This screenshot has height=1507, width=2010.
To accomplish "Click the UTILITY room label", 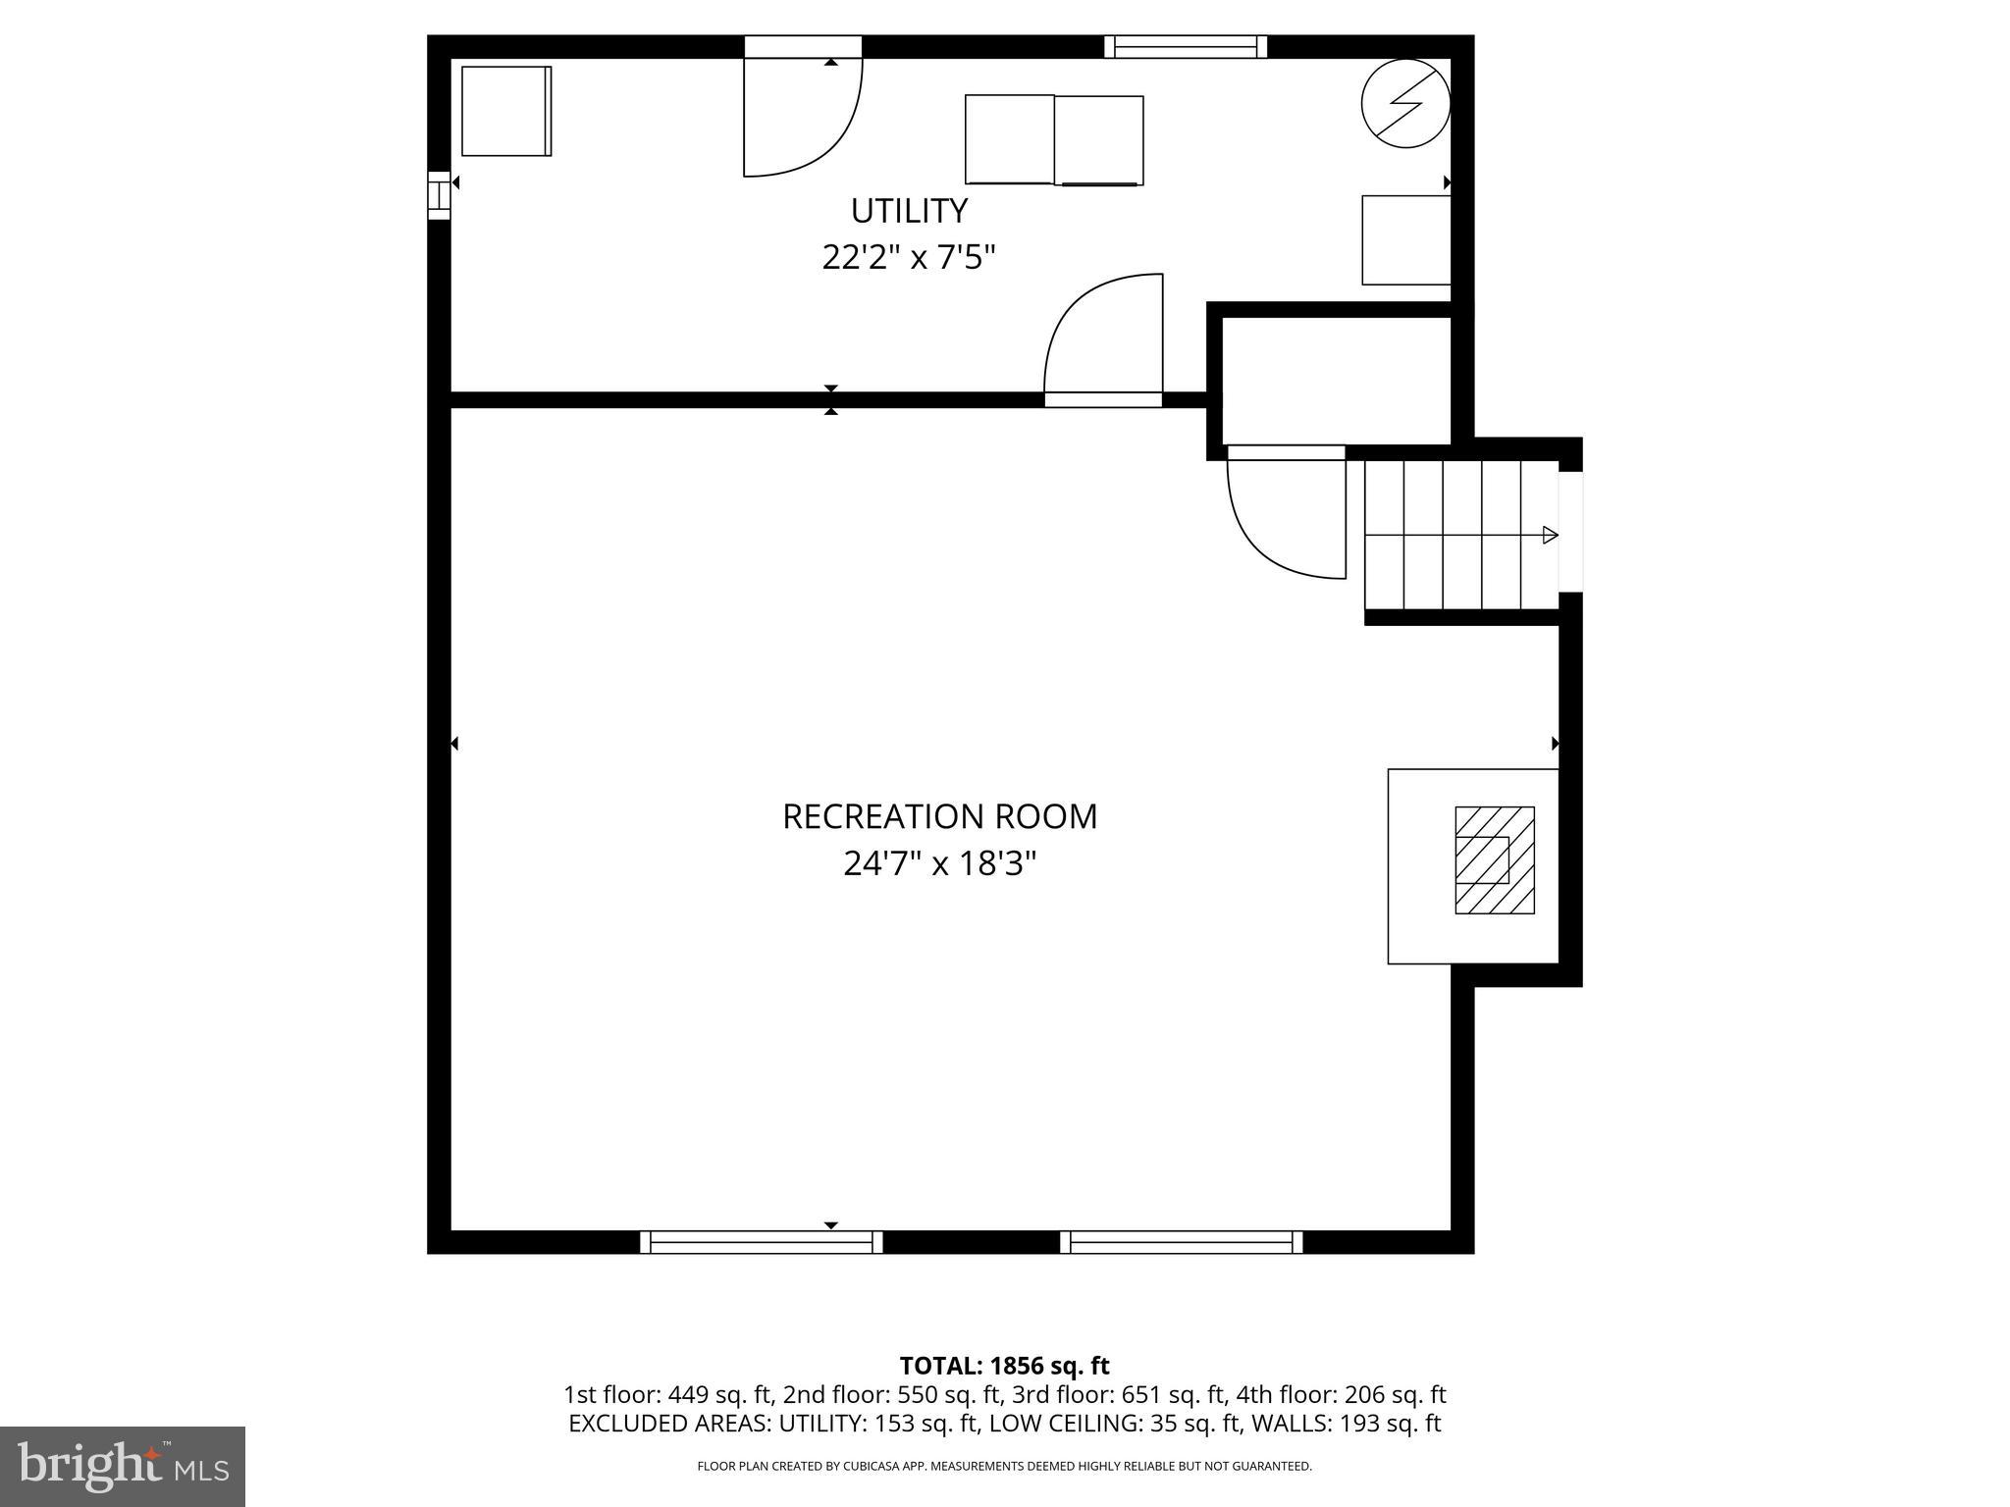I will point(909,211).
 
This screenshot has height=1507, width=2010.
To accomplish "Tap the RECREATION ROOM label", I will point(939,816).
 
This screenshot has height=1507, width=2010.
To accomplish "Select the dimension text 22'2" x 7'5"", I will point(909,258).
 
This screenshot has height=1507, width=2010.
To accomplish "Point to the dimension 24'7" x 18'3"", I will point(939,864).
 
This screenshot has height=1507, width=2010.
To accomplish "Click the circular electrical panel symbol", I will point(1405,103).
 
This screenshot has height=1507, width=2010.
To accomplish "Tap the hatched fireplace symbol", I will point(1494,860).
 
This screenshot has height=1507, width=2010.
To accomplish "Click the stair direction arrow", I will point(1550,535).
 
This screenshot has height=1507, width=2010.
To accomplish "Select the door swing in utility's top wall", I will point(800,118).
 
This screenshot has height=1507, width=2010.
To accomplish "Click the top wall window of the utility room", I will point(1185,46).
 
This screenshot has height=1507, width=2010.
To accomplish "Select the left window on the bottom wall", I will point(761,1242).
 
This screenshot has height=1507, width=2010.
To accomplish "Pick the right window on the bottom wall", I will point(1182,1242).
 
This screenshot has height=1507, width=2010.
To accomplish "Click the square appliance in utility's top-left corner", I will point(505,111).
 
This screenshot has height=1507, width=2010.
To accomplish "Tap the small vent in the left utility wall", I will point(439,194).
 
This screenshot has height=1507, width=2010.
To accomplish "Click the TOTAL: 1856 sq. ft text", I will point(1004,1366).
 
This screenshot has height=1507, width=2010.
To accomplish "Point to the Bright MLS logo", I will point(123,1466).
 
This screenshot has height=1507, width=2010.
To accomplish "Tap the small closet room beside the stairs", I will point(1336,381).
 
